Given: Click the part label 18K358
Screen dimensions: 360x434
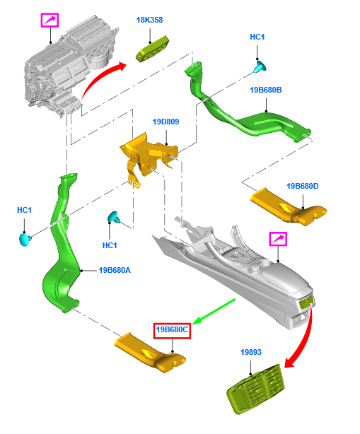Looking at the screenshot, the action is [x=149, y=20].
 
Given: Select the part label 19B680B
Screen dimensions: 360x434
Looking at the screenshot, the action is [x=265, y=90].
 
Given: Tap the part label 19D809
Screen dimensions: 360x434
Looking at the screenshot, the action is [x=166, y=122].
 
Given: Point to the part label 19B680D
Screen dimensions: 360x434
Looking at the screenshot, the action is [x=303, y=186].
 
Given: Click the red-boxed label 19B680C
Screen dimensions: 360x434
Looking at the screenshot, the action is [x=172, y=330].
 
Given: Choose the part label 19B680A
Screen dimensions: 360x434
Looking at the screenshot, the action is [x=115, y=270].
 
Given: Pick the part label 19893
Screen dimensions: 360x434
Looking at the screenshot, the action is [x=251, y=352].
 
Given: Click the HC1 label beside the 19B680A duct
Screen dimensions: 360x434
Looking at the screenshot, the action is [x=24, y=210].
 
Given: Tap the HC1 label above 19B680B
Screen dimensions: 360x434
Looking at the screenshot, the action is [x=257, y=37].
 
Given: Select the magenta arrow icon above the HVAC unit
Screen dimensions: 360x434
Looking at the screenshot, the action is [x=50, y=20].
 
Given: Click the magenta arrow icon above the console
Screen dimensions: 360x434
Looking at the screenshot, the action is [x=278, y=239].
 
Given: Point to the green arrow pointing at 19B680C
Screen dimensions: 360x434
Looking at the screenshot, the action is [x=214, y=312].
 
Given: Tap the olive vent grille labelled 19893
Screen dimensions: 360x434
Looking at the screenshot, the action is [x=256, y=389].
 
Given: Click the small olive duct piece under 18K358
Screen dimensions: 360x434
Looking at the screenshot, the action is [x=153, y=49].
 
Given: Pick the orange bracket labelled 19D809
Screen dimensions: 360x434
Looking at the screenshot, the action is [x=149, y=158].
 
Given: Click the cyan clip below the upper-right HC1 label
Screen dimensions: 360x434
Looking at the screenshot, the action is [x=260, y=67].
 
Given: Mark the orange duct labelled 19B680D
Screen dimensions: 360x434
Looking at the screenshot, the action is [x=288, y=206].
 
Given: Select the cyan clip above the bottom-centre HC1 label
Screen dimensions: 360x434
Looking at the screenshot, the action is [x=114, y=217].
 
